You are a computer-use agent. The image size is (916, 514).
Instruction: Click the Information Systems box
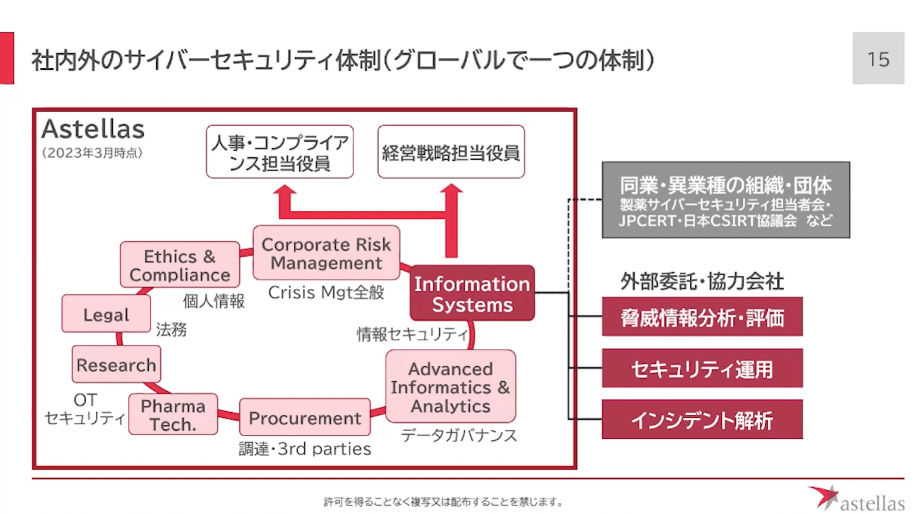(472, 294)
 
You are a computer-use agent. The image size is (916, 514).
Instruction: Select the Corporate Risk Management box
(326, 253)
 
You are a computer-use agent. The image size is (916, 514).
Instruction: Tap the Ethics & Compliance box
(180, 265)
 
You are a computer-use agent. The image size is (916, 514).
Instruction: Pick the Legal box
(106, 314)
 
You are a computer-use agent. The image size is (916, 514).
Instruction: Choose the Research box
(116, 365)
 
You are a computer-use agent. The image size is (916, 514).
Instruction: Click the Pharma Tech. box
(173, 415)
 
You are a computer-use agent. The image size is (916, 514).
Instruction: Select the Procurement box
(305, 418)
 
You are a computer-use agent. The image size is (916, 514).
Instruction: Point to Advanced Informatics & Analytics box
(451, 387)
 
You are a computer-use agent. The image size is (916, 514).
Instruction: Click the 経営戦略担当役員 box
(451, 152)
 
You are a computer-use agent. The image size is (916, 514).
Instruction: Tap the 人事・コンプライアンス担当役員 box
(280, 152)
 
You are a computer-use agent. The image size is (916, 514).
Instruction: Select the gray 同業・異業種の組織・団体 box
(726, 201)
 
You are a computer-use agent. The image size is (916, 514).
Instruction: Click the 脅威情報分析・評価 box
(702, 317)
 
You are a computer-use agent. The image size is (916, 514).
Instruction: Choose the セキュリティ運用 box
(702, 369)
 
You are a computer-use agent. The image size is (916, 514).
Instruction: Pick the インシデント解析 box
(702, 420)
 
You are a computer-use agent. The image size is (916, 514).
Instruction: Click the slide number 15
(878, 59)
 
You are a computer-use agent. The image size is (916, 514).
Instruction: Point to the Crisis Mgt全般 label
(326, 292)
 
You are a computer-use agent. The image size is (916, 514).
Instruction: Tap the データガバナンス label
(459, 435)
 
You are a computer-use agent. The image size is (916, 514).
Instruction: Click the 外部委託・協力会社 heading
(702, 281)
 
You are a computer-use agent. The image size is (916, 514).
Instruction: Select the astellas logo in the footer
(856, 499)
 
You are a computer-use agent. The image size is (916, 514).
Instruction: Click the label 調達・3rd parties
(305, 448)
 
